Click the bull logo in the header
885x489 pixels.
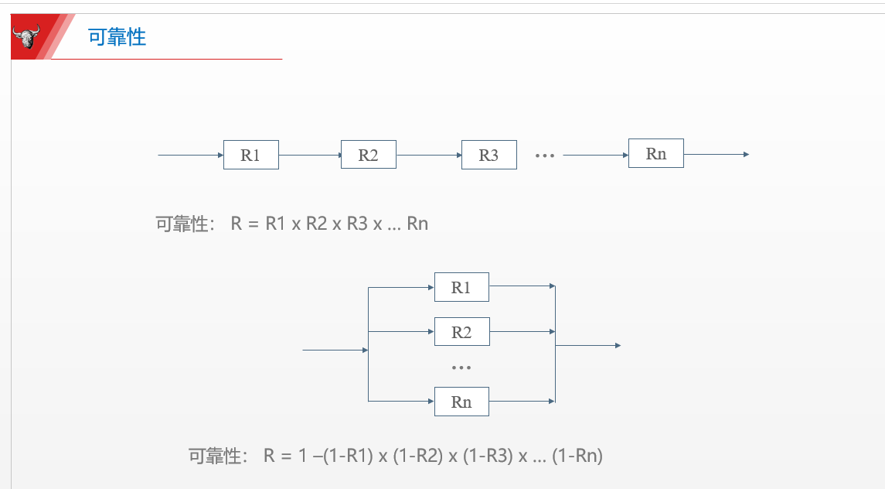coord(27,36)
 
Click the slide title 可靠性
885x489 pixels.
coord(117,37)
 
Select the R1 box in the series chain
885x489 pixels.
coord(250,155)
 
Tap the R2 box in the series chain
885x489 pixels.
coord(368,155)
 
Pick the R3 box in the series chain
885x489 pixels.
coord(488,155)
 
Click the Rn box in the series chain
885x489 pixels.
coord(655,153)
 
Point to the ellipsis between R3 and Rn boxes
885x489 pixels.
coord(545,156)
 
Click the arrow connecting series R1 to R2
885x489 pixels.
coord(309,155)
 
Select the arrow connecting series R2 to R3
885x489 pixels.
coord(429,155)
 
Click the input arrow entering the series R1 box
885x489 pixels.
coord(190,155)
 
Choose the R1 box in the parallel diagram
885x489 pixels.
coord(461,287)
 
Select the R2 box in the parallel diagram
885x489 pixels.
coord(461,332)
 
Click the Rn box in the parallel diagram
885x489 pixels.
coord(461,402)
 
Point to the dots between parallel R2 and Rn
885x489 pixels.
coord(461,368)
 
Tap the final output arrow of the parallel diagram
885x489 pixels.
coord(588,345)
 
